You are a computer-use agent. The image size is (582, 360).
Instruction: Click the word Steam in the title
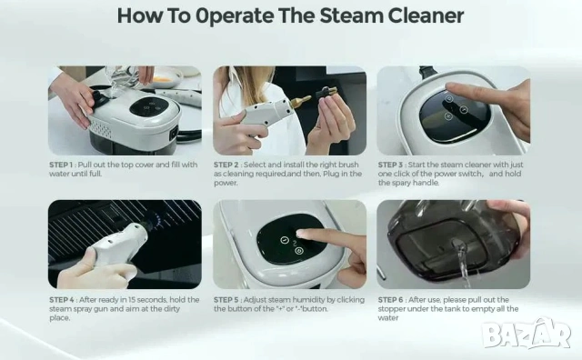click(x=352, y=15)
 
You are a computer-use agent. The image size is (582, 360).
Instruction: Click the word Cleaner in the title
click(x=426, y=15)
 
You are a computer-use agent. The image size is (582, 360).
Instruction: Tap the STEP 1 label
click(x=61, y=165)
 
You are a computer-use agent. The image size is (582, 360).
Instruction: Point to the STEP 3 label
click(x=390, y=165)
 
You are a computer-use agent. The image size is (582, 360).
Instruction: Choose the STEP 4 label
click(x=62, y=300)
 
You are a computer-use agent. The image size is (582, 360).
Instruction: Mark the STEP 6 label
click(x=390, y=300)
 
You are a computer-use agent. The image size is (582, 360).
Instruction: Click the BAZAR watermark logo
click(x=527, y=334)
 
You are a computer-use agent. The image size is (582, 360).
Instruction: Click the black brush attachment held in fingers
click(x=326, y=92)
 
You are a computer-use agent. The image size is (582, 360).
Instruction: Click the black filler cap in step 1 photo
click(x=98, y=98)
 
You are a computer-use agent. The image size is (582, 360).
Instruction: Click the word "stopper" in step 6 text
click(x=391, y=309)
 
